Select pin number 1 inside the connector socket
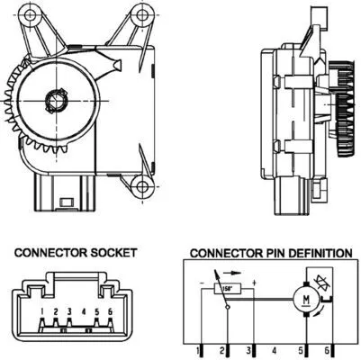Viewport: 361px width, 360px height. click(x=43, y=312)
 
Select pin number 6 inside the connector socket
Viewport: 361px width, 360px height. click(x=109, y=312)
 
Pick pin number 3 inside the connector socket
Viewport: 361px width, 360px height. click(x=69, y=312)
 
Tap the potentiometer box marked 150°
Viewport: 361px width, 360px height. click(x=230, y=288)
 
